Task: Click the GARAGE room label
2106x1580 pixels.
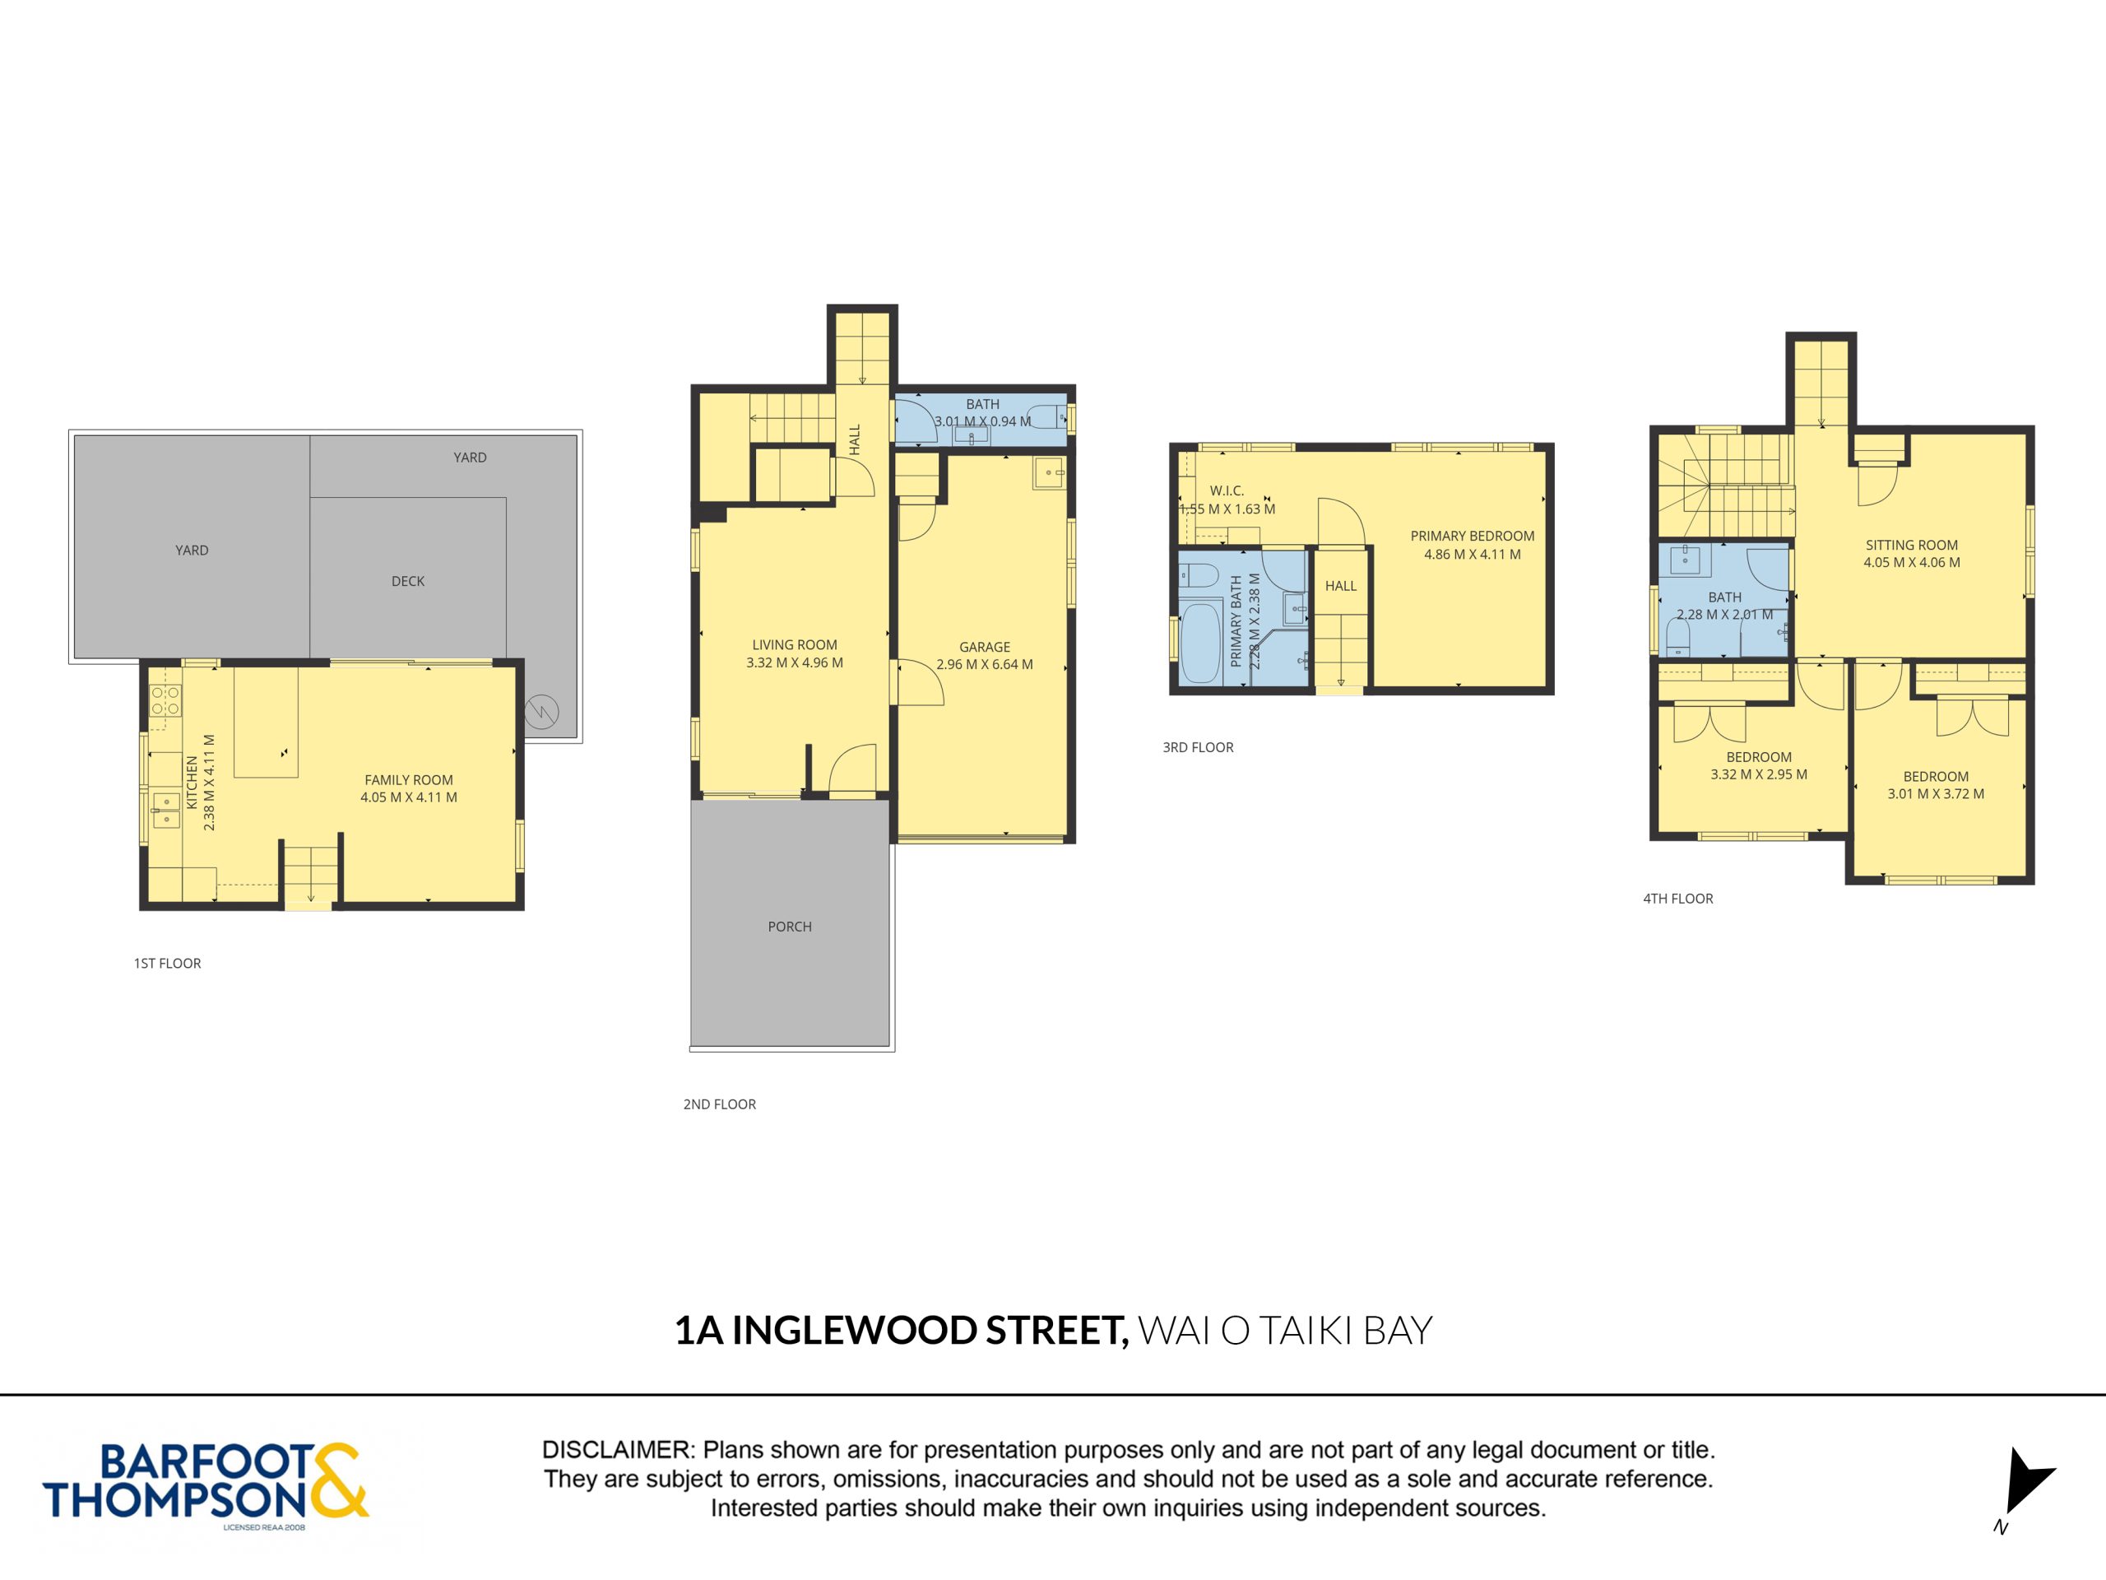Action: [x=985, y=647]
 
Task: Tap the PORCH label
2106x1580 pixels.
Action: [x=789, y=927]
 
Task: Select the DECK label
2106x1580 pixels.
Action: [x=407, y=581]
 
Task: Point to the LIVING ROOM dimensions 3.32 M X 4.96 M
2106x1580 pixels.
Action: [x=794, y=662]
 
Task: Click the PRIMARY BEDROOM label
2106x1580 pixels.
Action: [x=1472, y=537]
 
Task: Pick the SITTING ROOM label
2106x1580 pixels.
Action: [x=1912, y=545]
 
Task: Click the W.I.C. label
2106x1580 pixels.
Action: [x=1227, y=491]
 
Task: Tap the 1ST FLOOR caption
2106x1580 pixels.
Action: [x=168, y=963]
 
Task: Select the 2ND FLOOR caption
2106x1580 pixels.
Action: [x=720, y=1104]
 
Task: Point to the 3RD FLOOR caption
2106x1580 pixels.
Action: [x=1198, y=747]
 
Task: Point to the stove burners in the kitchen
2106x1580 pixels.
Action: [x=165, y=700]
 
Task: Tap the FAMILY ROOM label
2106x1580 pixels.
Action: [x=408, y=780]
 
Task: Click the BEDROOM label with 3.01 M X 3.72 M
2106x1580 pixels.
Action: [x=1936, y=776]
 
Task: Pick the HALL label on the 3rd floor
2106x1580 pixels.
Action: [x=1341, y=586]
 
